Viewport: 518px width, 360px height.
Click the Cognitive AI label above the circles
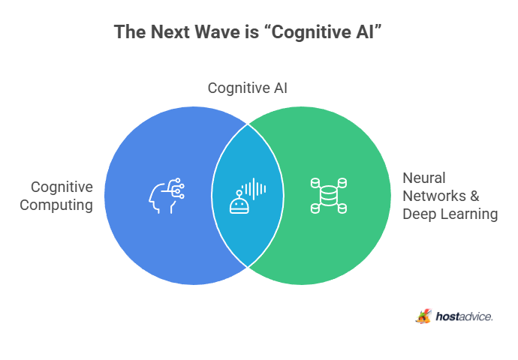pyautogui.click(x=248, y=88)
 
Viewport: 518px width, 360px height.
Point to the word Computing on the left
pyautogui.click(x=56, y=205)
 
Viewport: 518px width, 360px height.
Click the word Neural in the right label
pyautogui.click(x=424, y=178)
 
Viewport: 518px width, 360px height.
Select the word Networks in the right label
pyautogui.click(x=434, y=196)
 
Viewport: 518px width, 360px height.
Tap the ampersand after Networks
pyautogui.click(x=474, y=196)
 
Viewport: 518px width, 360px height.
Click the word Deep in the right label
pyautogui.click(x=417, y=214)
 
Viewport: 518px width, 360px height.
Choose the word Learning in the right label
pyautogui.click(x=467, y=214)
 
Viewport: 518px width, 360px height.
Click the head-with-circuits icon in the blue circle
pyautogui.click(x=166, y=196)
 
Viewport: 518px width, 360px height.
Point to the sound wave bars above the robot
pyautogui.click(x=254, y=189)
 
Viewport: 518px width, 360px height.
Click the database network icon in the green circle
pyautogui.click(x=329, y=196)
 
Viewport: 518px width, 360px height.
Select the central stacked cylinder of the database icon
pyautogui.click(x=329, y=196)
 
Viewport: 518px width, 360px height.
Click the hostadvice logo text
pyautogui.click(x=464, y=316)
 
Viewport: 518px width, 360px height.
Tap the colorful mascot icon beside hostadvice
pyautogui.click(x=424, y=316)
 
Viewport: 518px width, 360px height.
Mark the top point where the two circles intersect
pyautogui.click(x=248, y=124)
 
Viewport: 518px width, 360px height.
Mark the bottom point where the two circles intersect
pyautogui.click(x=248, y=267)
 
